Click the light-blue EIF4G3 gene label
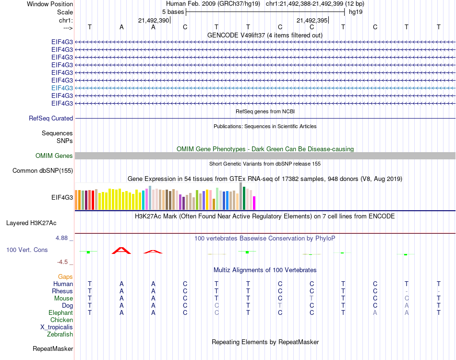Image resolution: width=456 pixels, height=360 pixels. click(x=62, y=88)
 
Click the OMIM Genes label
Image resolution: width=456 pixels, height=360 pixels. click(x=54, y=156)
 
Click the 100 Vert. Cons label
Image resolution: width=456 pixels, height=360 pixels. click(x=27, y=250)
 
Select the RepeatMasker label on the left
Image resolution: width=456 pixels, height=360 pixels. click(x=52, y=348)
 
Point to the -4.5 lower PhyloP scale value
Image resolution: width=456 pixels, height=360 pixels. click(x=63, y=262)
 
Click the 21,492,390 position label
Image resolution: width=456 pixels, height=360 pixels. click(x=154, y=21)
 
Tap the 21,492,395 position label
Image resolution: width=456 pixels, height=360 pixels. click(x=312, y=21)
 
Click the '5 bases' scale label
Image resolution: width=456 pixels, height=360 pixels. click(x=173, y=12)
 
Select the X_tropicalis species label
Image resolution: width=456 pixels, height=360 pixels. click(x=57, y=327)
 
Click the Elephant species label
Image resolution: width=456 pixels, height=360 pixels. click(x=60, y=312)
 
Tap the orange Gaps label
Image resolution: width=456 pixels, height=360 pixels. click(x=65, y=276)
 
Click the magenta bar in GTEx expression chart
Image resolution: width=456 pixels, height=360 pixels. click(x=254, y=203)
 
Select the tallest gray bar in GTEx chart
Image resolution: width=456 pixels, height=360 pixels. click(x=241, y=196)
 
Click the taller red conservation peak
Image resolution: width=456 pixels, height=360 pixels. click(x=121, y=250)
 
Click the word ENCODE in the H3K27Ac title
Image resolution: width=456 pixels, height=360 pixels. click(x=382, y=216)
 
